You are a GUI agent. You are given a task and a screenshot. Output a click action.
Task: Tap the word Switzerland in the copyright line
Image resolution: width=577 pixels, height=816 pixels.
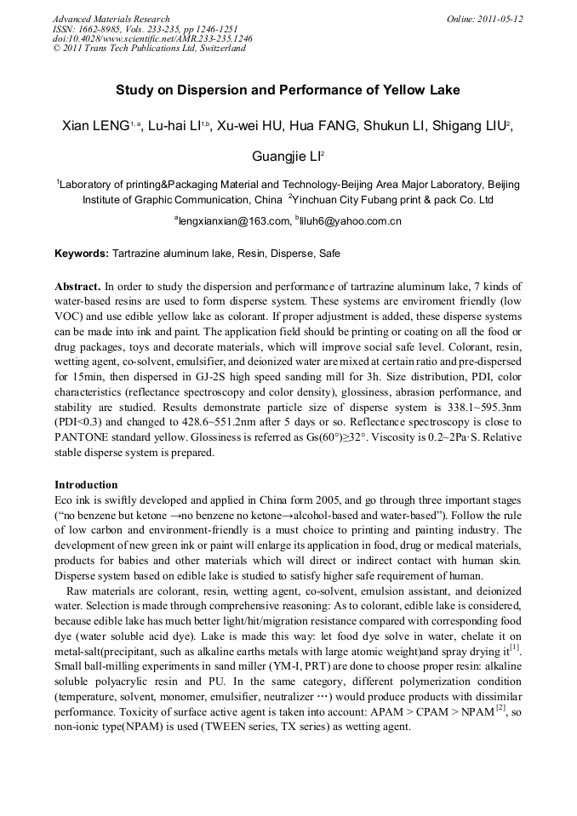coord(220,49)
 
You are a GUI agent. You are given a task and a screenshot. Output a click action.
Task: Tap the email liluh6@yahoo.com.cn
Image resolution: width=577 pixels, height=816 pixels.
coord(351,221)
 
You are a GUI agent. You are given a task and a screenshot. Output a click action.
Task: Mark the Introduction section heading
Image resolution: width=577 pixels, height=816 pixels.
coord(86,485)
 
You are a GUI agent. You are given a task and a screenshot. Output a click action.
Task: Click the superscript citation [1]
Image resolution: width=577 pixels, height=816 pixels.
coord(515,648)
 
